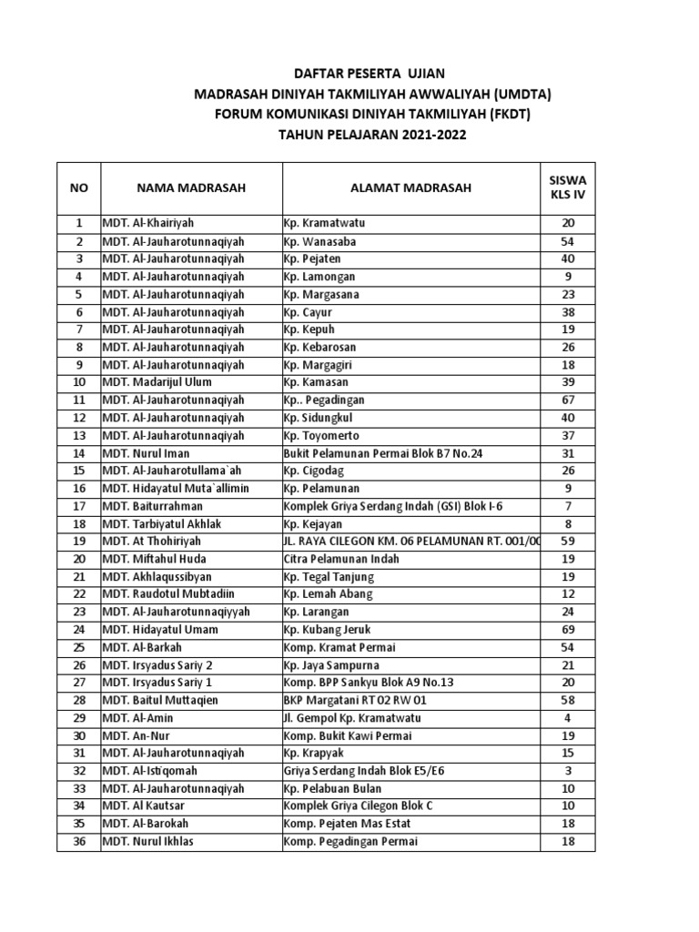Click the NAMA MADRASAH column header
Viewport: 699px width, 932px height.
(191, 188)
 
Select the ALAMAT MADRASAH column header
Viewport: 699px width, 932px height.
(410, 188)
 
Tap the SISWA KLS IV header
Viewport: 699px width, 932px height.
(568, 188)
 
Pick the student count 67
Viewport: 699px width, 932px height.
(568, 400)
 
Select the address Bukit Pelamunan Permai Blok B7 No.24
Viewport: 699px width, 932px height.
(383, 453)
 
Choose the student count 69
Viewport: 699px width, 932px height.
(568, 630)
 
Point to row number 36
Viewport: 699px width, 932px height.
(79, 842)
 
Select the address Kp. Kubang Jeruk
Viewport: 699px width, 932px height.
(327, 630)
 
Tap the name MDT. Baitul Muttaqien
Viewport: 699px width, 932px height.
(161, 701)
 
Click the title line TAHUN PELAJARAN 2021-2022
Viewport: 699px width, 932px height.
(378, 135)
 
